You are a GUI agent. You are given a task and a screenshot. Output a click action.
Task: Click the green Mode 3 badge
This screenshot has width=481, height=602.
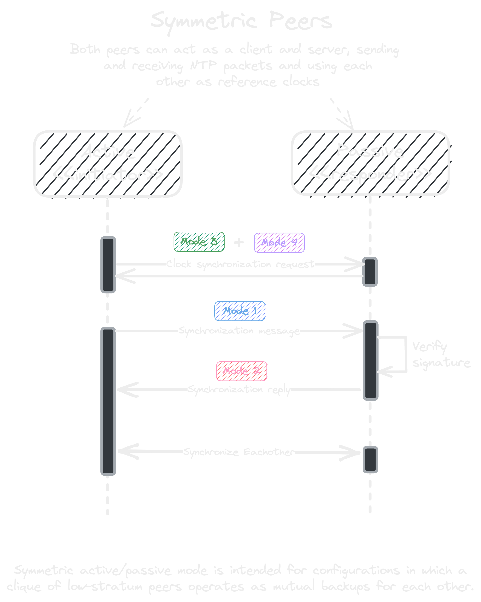pyautogui.click(x=199, y=242)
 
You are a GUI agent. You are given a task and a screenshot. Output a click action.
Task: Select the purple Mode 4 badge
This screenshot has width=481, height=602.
pyautogui.click(x=279, y=242)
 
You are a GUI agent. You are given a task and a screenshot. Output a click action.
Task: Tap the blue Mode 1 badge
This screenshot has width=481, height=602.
pyautogui.click(x=240, y=311)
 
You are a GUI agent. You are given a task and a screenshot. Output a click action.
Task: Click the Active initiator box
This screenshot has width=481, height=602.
pyautogui.click(x=108, y=164)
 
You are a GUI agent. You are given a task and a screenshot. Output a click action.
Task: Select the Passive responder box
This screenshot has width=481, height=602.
pyautogui.click(x=370, y=163)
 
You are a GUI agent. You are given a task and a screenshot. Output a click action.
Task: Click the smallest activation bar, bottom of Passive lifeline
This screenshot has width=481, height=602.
pyautogui.click(x=370, y=460)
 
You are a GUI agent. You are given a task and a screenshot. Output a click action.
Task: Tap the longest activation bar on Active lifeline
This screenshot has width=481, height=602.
pyautogui.click(x=108, y=401)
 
